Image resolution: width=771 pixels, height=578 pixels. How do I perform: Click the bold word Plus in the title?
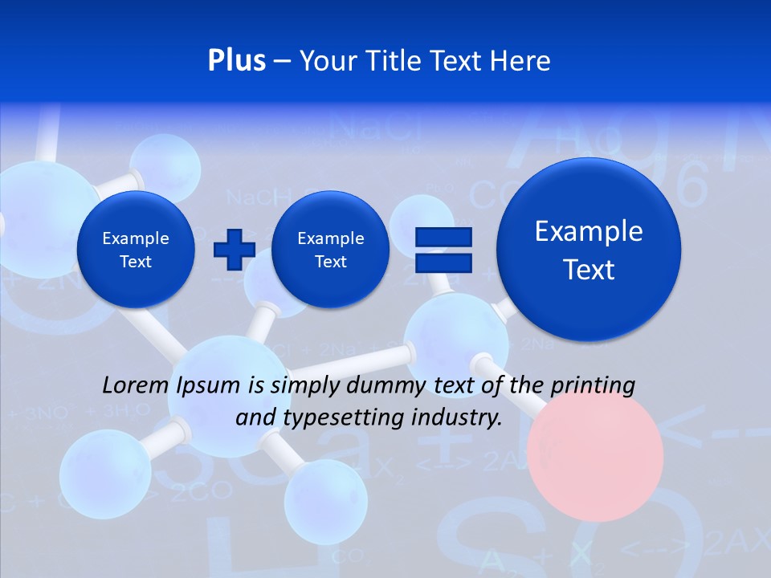pos(237,61)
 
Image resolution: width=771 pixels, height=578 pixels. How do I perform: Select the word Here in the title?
pos(522,61)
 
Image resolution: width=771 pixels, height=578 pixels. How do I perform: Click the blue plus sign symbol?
pos(234,249)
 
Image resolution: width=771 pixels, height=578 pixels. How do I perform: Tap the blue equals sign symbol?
pos(443,249)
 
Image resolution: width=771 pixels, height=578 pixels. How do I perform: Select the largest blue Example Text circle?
pos(589,249)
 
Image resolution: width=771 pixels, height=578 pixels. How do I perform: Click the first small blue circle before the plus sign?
pos(136,250)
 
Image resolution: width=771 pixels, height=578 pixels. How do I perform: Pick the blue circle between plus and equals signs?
pos(330,250)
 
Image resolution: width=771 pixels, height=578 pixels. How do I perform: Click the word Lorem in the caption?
pos(135,385)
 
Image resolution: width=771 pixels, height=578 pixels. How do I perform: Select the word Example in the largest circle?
pos(589,231)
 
